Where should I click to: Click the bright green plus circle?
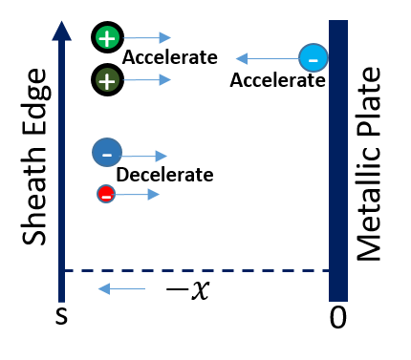click(x=107, y=38)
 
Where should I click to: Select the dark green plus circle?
click(x=107, y=80)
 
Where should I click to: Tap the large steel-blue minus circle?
click(x=107, y=153)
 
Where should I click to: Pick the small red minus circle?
click(x=106, y=194)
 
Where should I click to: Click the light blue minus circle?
click(x=313, y=58)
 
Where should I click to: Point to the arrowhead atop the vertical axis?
click(x=61, y=31)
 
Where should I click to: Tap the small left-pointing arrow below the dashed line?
click(x=121, y=288)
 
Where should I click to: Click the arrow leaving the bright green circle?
click(x=146, y=38)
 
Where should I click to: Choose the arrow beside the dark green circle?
click(x=146, y=80)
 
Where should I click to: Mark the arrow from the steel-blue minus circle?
click(x=144, y=156)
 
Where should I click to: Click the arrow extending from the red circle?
click(x=138, y=195)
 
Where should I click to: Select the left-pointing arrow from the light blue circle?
click(x=268, y=58)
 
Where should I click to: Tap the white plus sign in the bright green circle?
click(x=107, y=38)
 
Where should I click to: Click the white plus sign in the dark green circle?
click(x=107, y=81)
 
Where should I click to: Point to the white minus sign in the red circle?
click(x=106, y=197)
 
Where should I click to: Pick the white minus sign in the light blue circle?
click(x=313, y=60)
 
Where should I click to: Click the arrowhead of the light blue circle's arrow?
click(x=241, y=58)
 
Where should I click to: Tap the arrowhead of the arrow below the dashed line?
click(x=103, y=288)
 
